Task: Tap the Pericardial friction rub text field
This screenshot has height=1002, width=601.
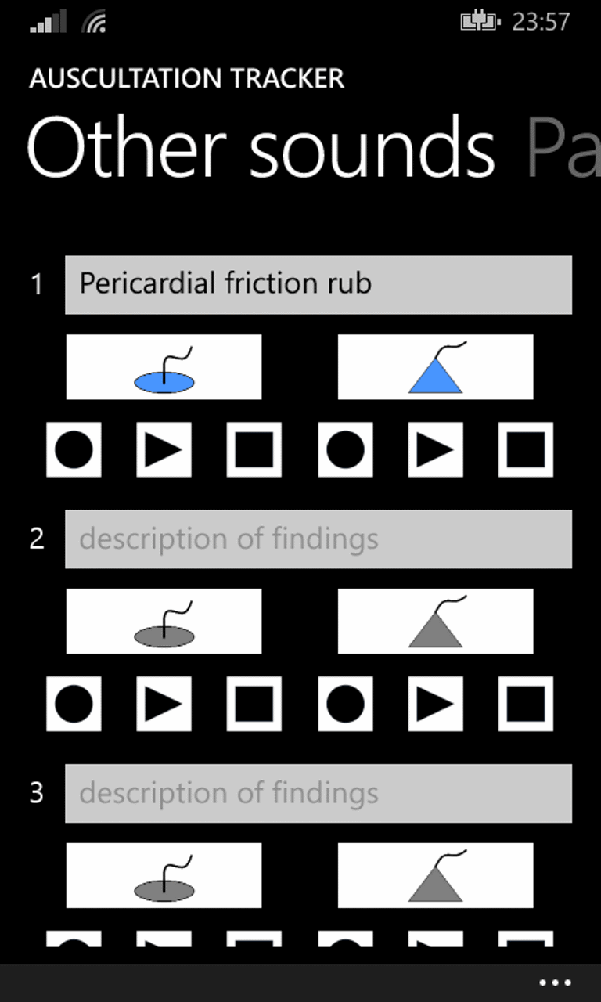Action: point(318,284)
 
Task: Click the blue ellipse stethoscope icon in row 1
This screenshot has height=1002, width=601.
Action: point(164,367)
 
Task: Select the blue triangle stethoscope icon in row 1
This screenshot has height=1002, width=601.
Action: point(436,367)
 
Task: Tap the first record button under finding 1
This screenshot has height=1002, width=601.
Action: point(74,449)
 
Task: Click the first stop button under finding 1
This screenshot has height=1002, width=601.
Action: point(254,449)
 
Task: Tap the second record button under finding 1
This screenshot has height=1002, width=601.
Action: point(345,449)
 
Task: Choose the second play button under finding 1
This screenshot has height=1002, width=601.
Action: point(436,449)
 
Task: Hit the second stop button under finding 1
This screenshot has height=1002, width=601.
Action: point(526,449)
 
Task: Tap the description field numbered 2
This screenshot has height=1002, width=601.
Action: point(318,539)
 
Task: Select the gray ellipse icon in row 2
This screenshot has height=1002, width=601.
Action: point(164,621)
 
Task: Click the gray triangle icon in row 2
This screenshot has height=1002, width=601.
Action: point(436,621)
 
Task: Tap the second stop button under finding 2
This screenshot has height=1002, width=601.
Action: point(526,704)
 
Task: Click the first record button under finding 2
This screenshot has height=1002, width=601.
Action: point(74,704)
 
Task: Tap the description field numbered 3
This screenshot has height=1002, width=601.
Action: point(318,793)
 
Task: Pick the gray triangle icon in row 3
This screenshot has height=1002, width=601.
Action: point(436,875)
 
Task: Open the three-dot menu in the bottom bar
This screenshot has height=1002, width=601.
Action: point(555,982)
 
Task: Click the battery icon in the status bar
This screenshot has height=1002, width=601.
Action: point(480,21)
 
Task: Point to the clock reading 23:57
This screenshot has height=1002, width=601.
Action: point(541,21)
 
